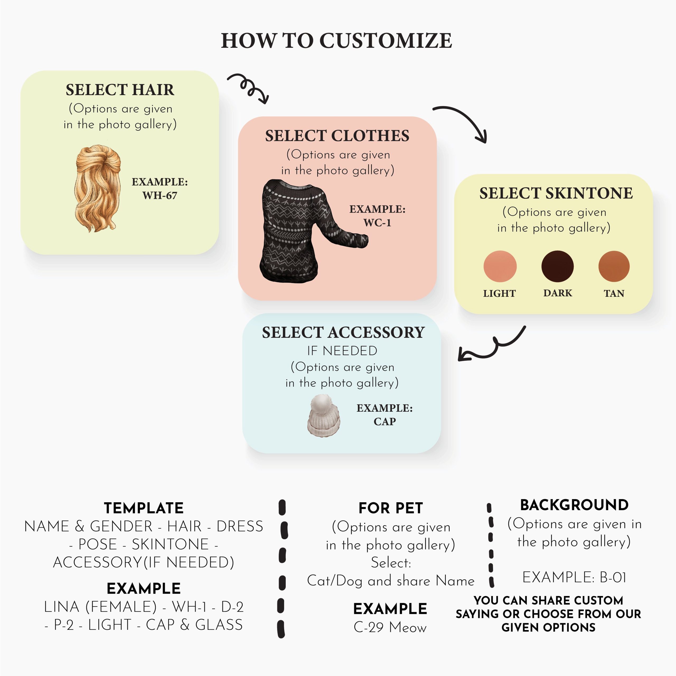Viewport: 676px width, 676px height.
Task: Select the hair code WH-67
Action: [159, 195]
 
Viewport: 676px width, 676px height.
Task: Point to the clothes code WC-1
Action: [377, 223]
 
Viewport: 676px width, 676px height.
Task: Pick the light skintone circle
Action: [500, 266]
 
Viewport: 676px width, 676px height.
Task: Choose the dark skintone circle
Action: [557, 266]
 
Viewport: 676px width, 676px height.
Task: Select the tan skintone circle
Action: [614, 266]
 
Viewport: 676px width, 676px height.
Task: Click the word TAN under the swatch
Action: [614, 293]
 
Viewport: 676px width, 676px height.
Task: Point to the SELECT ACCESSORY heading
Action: [343, 332]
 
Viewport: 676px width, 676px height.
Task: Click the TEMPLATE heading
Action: [143, 508]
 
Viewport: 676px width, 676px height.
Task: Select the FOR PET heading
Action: [391, 508]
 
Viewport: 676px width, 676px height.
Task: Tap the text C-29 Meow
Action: [390, 627]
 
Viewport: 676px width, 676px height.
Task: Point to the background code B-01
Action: [612, 577]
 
